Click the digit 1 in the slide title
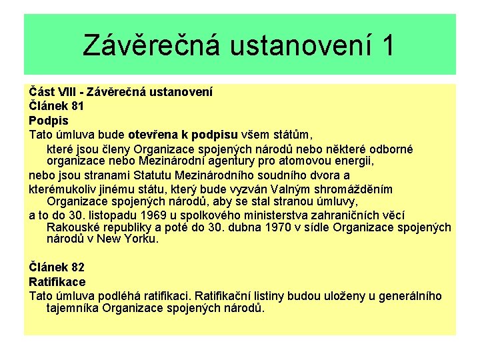click(x=386, y=45)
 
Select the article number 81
click(x=75, y=105)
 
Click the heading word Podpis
click(x=49, y=120)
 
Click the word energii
click(x=352, y=161)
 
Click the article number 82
click(x=75, y=267)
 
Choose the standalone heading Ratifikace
click(x=57, y=282)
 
